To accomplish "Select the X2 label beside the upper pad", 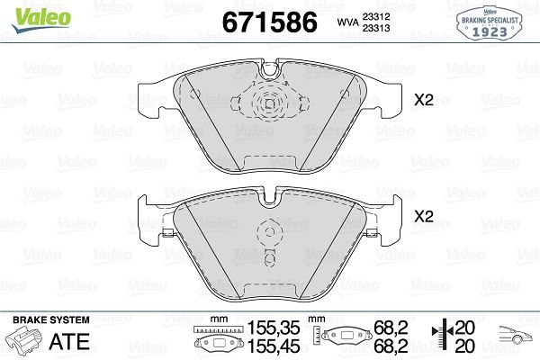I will coord(422,101).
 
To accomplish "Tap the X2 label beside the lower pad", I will coord(422,217).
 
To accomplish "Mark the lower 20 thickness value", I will coord(466,345).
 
